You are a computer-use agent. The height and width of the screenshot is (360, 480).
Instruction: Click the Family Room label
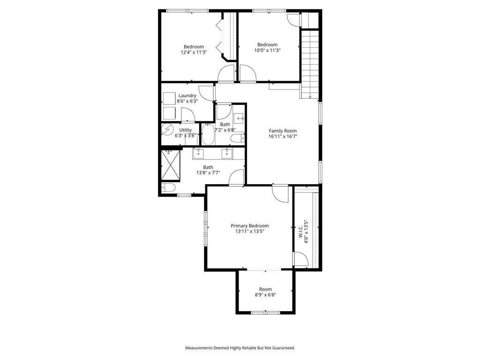tap(283, 131)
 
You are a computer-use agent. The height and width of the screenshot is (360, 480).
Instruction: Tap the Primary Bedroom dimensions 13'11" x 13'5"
tap(249, 231)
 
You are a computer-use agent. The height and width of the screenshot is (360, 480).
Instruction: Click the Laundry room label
tap(187, 96)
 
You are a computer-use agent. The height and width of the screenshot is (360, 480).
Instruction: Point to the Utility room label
tap(185, 130)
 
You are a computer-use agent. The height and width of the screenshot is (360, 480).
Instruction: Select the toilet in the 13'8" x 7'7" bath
tap(168, 187)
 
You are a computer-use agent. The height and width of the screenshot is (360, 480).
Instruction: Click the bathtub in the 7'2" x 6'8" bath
tap(208, 135)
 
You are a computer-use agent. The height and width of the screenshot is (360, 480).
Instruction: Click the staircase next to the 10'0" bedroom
tap(309, 63)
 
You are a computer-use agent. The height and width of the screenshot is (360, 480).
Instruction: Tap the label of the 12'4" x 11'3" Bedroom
tap(194, 47)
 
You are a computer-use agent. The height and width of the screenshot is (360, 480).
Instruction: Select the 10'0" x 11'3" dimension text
tap(267, 51)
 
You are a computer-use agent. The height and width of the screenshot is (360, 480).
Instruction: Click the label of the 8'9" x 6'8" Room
tap(265, 289)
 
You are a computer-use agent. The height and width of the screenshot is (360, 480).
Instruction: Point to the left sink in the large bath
tap(199, 153)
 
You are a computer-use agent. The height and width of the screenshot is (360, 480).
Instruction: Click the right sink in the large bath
tap(227, 153)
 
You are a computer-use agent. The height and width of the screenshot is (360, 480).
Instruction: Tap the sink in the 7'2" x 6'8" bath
tap(239, 117)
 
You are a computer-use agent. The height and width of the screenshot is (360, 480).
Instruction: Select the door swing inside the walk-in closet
tap(300, 259)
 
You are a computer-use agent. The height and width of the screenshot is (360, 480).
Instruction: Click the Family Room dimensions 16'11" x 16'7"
tap(283, 136)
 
